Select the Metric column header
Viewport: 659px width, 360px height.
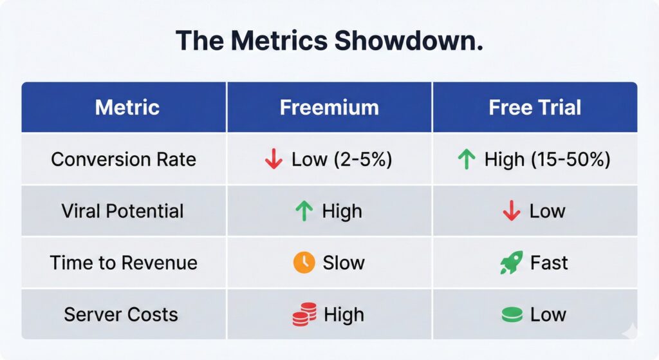pos(127,107)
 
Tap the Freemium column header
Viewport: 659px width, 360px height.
pos(329,107)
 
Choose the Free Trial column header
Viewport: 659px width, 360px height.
pos(535,107)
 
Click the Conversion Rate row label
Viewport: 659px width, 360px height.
pos(124,159)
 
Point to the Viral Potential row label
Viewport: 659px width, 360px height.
pos(124,211)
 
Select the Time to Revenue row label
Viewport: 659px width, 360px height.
pos(124,263)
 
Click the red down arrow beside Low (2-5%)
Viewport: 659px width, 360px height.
pos(274,160)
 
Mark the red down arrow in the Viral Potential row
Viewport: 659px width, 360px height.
pos(511,211)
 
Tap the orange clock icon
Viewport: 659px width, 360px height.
pos(304,263)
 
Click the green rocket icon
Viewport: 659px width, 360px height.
pos(512,263)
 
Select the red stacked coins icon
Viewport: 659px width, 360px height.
pos(304,314)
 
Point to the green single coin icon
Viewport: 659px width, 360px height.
pos(511,315)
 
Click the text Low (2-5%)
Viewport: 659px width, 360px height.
pos(341,160)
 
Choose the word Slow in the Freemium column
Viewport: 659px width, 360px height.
pos(344,263)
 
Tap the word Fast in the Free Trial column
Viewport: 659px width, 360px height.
pos(550,263)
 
